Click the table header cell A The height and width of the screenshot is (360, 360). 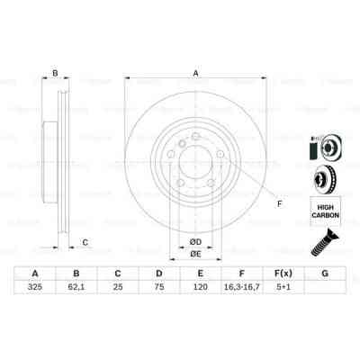pos(35,273)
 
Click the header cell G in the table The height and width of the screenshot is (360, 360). pos(324,273)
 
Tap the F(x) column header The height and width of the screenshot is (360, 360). pos(283,273)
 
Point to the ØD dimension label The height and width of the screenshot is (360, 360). pos(194,239)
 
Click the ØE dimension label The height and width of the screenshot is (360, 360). pos(194,253)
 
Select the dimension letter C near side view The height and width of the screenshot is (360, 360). pos(85,241)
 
